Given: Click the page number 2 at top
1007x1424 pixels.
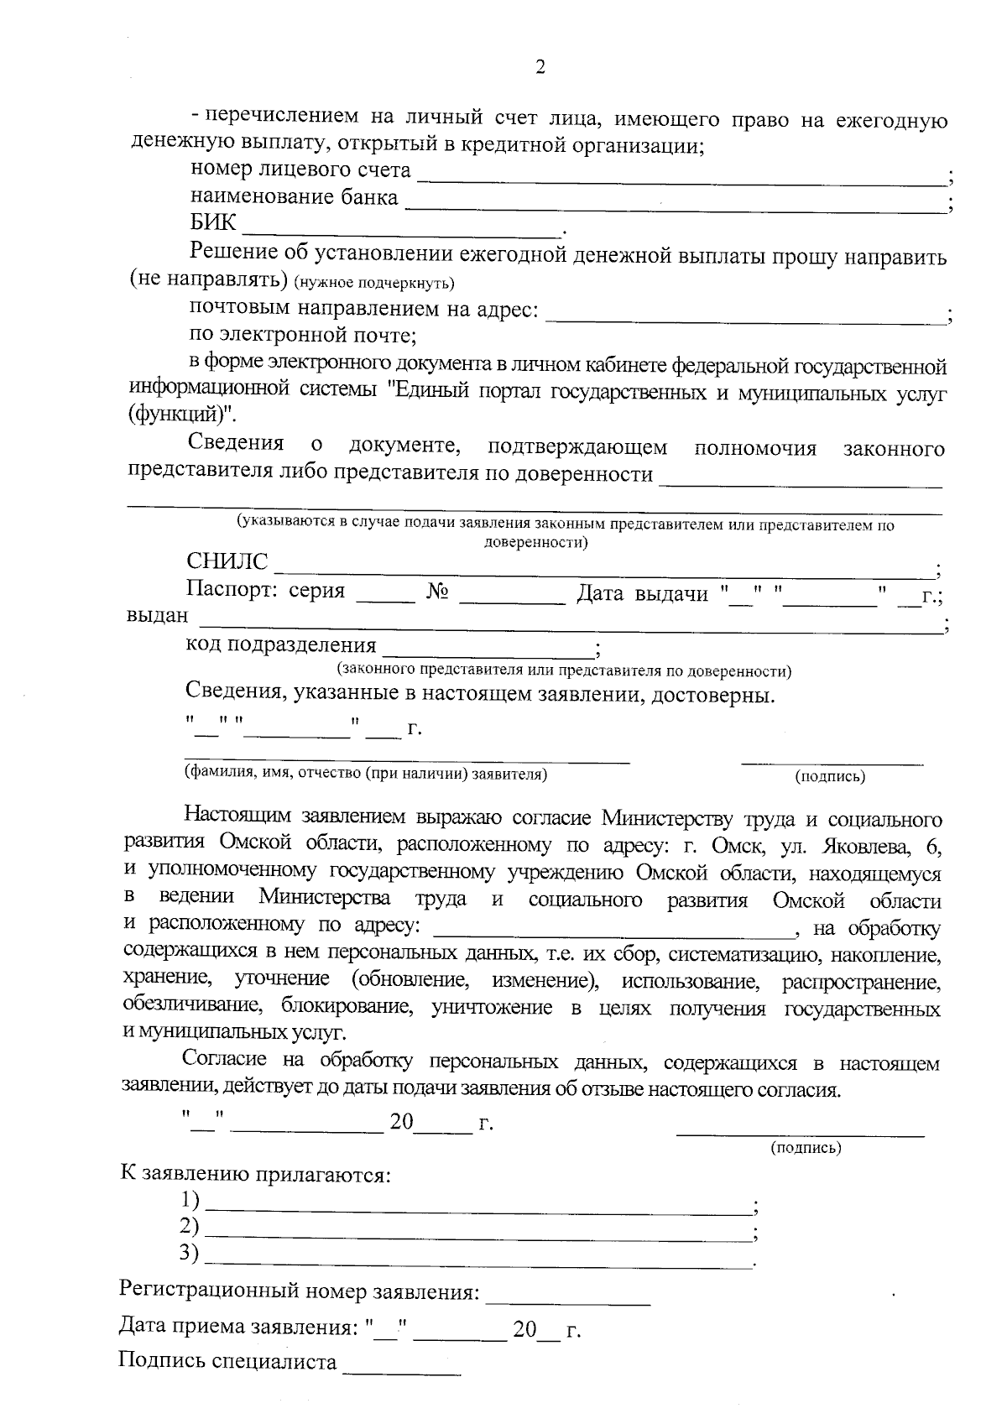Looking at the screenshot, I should click(x=540, y=68).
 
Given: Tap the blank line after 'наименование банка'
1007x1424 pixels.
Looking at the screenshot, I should click(x=676, y=204).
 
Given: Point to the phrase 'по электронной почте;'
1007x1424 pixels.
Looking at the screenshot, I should click(x=302, y=336).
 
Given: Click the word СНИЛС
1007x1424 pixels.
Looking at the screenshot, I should click(x=227, y=562).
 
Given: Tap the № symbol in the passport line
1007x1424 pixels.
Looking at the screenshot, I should click(x=436, y=592).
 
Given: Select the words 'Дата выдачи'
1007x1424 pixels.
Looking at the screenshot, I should click(x=643, y=594).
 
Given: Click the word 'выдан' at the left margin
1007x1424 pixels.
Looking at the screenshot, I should click(x=157, y=617).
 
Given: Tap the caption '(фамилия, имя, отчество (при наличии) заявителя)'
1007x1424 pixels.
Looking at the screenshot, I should click(x=366, y=775).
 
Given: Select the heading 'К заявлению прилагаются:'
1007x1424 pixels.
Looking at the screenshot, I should click(x=256, y=1174).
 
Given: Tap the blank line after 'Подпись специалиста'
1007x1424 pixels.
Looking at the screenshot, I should click(x=402, y=1368).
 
